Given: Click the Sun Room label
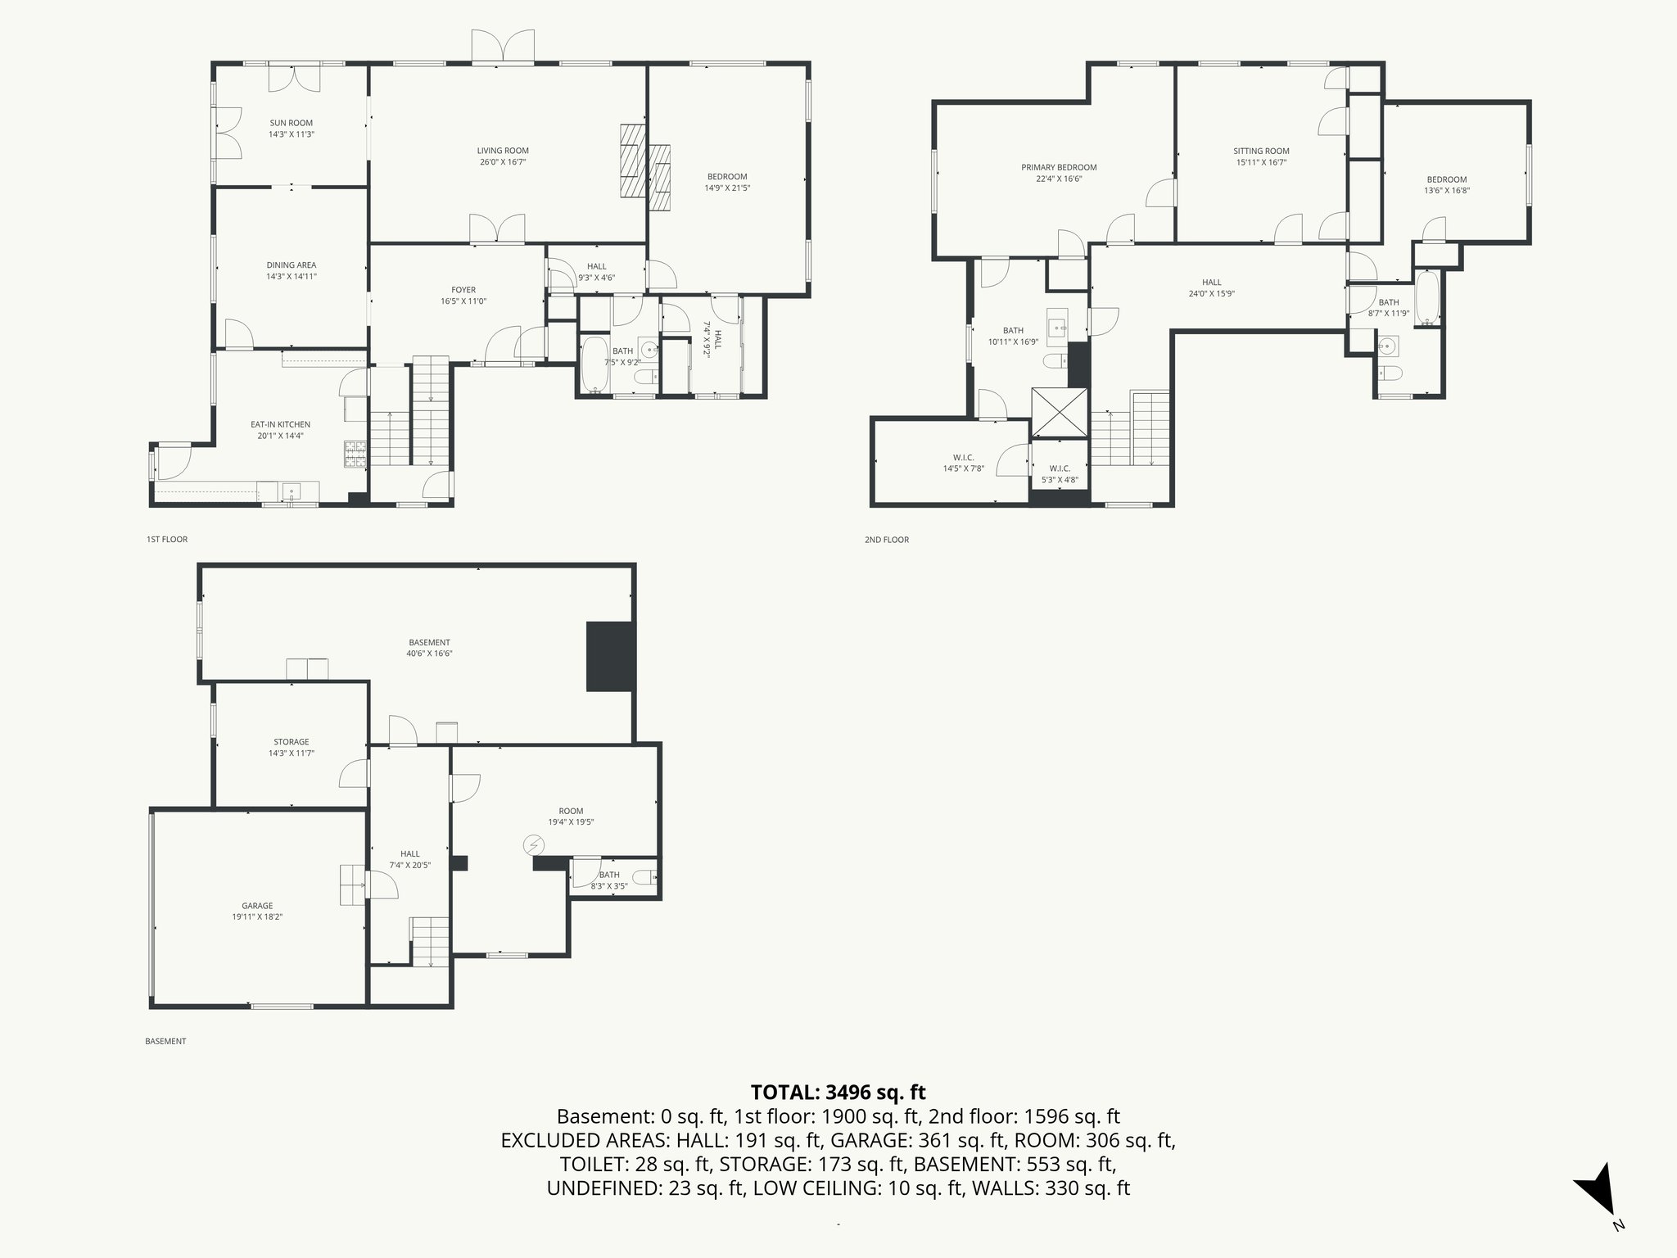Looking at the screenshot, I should [x=291, y=123].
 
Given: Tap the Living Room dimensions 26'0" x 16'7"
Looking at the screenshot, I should [x=503, y=162].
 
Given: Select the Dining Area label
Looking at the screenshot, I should [x=291, y=265].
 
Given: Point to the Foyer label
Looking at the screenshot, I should [x=463, y=290].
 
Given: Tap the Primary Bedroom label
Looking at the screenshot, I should [x=1058, y=167].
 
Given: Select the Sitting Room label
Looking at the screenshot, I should [x=1261, y=151].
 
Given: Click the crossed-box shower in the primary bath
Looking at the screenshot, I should [x=1059, y=412].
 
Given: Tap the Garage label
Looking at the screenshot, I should [x=257, y=906].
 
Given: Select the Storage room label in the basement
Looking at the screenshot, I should [x=291, y=742].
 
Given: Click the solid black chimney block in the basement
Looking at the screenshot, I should [x=610, y=656].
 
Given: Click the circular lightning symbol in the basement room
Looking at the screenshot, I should [x=534, y=844].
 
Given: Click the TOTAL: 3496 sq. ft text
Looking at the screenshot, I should [x=838, y=1092].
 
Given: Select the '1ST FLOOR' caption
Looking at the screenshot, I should [x=166, y=540].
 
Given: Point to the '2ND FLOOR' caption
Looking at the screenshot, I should [x=886, y=540].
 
